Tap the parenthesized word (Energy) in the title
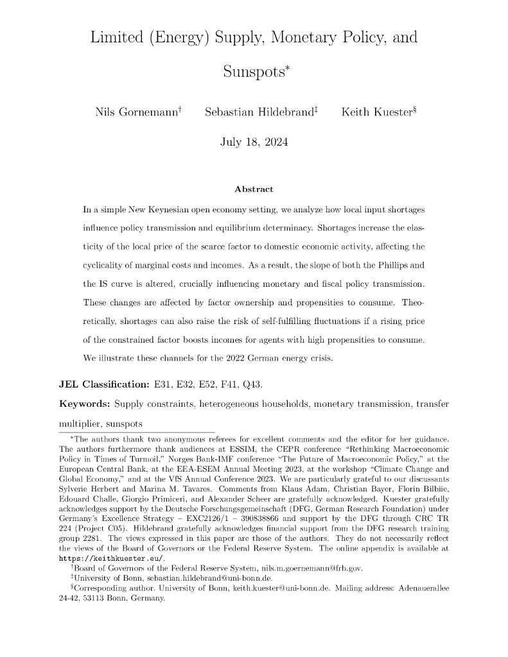[168, 37]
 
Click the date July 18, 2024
[254, 142]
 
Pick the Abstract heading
[254, 189]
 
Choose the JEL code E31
[164, 384]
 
